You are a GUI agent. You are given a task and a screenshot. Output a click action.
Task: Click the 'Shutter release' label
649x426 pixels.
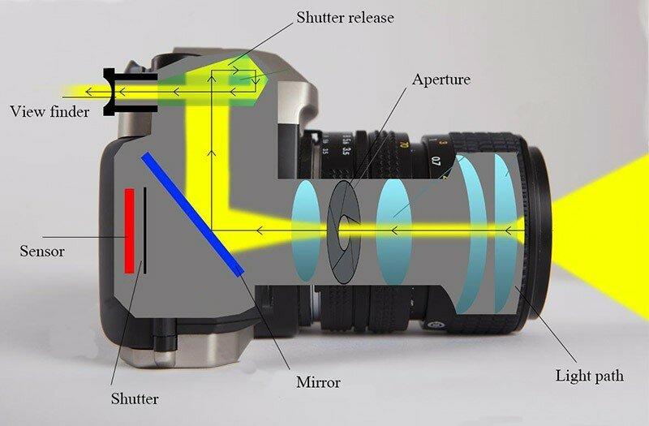345,17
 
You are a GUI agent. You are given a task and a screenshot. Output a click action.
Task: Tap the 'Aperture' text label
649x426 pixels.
441,79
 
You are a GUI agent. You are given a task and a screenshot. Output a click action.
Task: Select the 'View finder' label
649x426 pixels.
49,111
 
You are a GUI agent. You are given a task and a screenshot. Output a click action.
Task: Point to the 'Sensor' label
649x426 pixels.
42,251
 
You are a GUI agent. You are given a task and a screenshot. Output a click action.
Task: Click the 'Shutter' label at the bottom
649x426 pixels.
135,398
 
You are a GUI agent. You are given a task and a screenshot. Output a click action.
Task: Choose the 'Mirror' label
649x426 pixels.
318,381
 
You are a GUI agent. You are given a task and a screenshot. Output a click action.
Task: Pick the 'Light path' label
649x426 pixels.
590,376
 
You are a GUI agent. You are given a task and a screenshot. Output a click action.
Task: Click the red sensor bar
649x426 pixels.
130,231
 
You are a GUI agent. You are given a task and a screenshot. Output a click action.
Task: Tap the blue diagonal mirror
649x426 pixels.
193,214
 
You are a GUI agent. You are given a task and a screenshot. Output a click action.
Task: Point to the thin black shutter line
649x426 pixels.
145,230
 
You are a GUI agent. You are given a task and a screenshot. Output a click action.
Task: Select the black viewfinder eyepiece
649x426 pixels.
130,92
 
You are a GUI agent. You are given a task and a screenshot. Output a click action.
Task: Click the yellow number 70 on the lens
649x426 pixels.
404,145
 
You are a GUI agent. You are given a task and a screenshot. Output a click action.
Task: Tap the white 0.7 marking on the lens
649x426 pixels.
435,160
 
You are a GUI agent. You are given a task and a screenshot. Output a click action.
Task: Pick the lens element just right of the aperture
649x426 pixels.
394,232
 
